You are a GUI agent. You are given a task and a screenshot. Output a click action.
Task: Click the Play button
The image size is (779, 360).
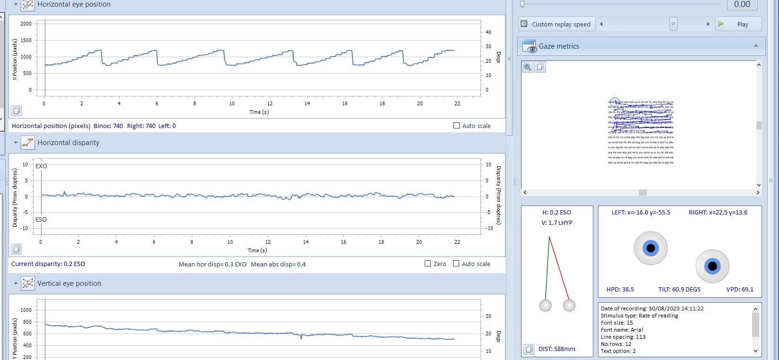738,24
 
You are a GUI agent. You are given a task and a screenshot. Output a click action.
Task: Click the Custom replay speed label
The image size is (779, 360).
561,25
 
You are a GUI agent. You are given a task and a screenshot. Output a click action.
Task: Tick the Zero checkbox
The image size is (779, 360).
428,264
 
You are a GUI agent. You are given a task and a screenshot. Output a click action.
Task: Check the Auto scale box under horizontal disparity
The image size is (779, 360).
456,264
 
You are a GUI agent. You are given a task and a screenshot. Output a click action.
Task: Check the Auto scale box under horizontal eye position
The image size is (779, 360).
456,126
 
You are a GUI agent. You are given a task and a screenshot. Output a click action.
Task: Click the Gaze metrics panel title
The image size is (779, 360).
559,46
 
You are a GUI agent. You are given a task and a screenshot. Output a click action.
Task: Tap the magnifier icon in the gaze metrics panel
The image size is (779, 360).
528,67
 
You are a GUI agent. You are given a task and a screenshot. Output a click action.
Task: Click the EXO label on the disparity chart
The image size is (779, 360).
41,166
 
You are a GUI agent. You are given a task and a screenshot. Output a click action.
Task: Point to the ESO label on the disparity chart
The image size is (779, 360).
41,220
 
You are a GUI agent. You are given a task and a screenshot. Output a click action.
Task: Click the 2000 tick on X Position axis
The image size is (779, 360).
26,24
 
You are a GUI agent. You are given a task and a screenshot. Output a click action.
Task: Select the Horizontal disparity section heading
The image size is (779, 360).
68,143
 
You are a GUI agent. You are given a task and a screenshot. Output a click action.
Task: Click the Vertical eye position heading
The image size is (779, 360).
69,283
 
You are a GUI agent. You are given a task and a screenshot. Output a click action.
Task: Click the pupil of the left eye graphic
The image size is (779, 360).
651,248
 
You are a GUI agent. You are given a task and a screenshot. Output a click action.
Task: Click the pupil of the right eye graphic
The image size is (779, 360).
712,266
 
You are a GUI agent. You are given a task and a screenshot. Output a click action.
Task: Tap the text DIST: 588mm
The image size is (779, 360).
556,349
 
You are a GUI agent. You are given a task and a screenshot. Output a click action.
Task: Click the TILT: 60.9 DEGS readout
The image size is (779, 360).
679,290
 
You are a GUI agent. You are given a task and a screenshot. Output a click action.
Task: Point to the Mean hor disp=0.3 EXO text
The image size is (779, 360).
212,265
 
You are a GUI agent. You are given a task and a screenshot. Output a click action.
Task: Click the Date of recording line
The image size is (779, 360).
652,309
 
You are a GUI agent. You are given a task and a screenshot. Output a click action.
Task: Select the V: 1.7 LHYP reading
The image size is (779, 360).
556,223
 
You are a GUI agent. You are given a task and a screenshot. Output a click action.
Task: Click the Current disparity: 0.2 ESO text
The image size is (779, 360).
48,264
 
